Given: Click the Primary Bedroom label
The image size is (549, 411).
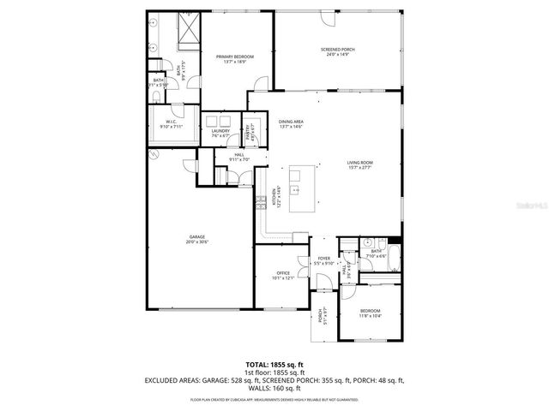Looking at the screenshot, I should pyautogui.click(x=235, y=57).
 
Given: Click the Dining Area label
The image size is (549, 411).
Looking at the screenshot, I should pyautogui.click(x=292, y=122).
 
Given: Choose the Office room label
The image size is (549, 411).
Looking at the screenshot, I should pyautogui.click(x=284, y=273).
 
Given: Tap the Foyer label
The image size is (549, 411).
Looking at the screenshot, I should pyautogui.click(x=324, y=258).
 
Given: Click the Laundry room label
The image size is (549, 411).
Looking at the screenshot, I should pyautogui.click(x=220, y=131).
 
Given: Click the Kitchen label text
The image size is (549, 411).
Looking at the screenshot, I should pyautogui.click(x=274, y=199).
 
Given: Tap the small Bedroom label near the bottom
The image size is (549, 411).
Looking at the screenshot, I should pyautogui.click(x=370, y=311).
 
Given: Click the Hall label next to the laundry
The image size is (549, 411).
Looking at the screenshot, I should pyautogui.click(x=238, y=154).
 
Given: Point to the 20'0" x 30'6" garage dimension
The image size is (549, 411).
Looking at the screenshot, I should pyautogui.click(x=197, y=242).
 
